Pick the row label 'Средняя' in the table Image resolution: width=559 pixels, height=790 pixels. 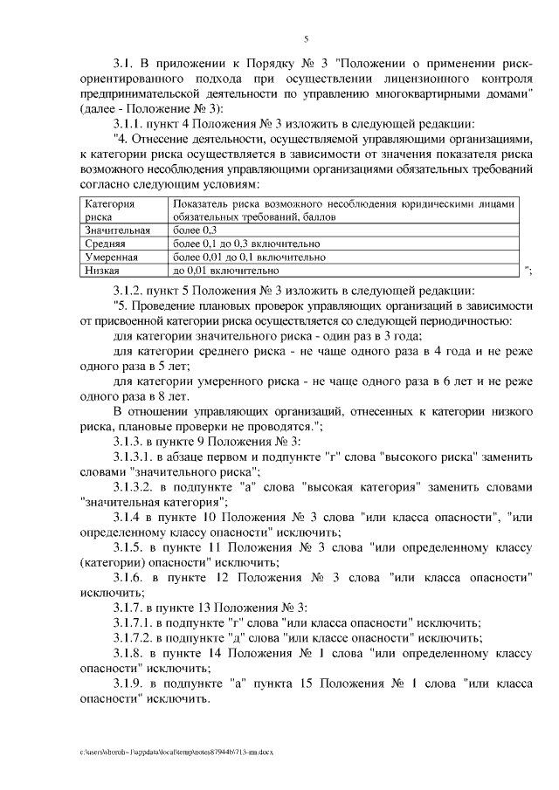click(x=105, y=244)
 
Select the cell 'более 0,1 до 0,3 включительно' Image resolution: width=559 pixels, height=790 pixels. click(x=246, y=244)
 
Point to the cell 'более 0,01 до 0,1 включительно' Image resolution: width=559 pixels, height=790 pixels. click(x=250, y=258)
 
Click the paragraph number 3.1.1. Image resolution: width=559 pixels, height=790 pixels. click(x=132, y=123)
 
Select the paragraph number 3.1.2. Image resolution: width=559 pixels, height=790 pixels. click(x=132, y=290)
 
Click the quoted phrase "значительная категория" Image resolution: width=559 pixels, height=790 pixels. click(x=153, y=502)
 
